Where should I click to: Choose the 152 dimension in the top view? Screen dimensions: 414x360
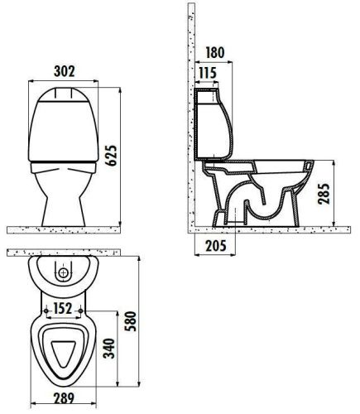coord(62,308)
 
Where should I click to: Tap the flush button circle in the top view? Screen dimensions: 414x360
coord(63,272)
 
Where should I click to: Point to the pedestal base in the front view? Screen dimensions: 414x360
coord(63,203)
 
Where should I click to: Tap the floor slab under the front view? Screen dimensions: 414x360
coord(66,226)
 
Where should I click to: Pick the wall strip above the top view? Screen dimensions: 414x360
coord(66,252)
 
